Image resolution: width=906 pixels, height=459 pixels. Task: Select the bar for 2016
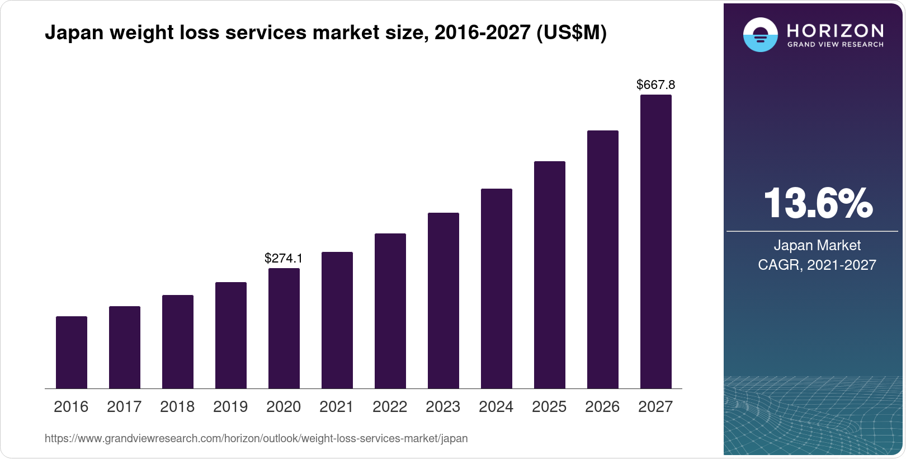pyautogui.click(x=72, y=353)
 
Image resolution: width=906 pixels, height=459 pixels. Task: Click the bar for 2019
pyautogui.click(x=231, y=335)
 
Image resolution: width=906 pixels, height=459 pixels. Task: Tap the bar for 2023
pyautogui.click(x=443, y=301)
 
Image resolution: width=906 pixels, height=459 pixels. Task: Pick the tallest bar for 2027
pyautogui.click(x=656, y=242)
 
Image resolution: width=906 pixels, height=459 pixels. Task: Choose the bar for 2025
pyautogui.click(x=550, y=275)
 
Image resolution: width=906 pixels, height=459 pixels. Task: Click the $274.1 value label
pyautogui.click(x=284, y=258)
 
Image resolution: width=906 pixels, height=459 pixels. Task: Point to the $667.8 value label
pyautogui.click(x=655, y=85)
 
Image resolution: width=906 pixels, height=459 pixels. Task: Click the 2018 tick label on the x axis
pyautogui.click(x=177, y=406)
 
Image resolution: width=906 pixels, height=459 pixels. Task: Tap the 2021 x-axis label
pyautogui.click(x=337, y=406)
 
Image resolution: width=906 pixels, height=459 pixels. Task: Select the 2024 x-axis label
pyautogui.click(x=496, y=406)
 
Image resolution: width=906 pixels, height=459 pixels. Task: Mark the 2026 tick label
pyautogui.click(x=602, y=406)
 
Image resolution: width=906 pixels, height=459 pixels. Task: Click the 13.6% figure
pyautogui.click(x=817, y=203)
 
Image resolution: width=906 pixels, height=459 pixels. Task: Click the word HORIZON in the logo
pyautogui.click(x=835, y=30)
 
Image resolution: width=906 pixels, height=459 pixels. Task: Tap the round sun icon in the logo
pyautogui.click(x=760, y=35)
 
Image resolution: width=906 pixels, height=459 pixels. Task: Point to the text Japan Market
pyautogui.click(x=817, y=245)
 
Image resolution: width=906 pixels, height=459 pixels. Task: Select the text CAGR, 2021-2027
pyautogui.click(x=817, y=265)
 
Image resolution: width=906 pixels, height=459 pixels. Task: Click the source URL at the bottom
pyautogui.click(x=256, y=438)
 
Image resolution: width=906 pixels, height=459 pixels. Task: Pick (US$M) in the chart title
pyautogui.click(x=571, y=33)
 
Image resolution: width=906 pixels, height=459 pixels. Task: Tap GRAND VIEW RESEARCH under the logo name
pyautogui.click(x=835, y=44)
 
